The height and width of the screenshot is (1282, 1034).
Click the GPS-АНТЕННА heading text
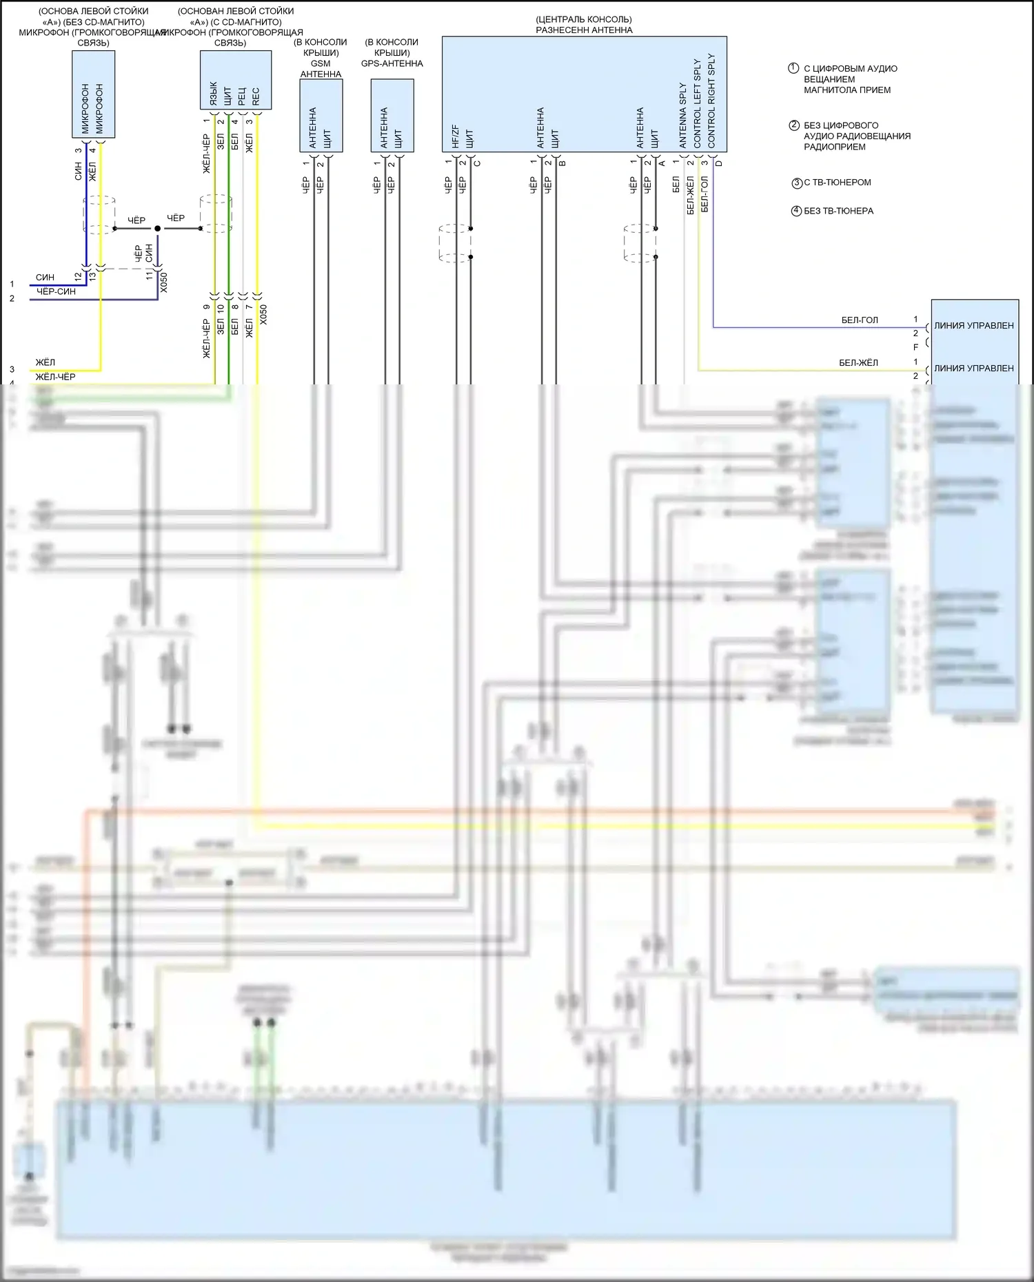[392, 63]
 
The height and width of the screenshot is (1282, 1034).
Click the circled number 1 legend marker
[793, 68]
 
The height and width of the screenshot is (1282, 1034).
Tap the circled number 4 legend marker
[796, 211]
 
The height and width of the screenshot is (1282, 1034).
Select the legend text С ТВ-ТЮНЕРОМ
[837, 183]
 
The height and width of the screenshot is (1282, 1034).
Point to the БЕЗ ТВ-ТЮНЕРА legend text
[838, 211]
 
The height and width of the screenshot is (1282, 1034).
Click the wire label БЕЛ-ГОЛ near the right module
[860, 320]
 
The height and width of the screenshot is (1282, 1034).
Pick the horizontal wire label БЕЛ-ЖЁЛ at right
[858, 363]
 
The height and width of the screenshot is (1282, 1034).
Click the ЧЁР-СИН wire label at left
[56, 292]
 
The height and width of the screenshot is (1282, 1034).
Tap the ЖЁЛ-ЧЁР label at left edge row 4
[55, 377]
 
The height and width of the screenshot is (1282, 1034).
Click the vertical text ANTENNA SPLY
[683, 115]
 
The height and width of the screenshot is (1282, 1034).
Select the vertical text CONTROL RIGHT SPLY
[711, 101]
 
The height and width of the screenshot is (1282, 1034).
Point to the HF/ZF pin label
[455, 136]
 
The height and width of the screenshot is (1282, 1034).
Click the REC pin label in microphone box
[256, 96]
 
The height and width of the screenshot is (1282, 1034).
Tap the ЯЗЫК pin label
[213, 94]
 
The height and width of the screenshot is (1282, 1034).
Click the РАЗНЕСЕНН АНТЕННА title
[584, 30]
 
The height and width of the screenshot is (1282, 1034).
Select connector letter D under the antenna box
[719, 163]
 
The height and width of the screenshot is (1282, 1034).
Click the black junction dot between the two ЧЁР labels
[157, 228]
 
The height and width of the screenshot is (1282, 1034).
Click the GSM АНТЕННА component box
[321, 116]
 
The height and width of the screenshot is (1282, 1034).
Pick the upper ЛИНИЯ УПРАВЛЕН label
[973, 326]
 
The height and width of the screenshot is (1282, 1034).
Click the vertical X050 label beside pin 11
[163, 282]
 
